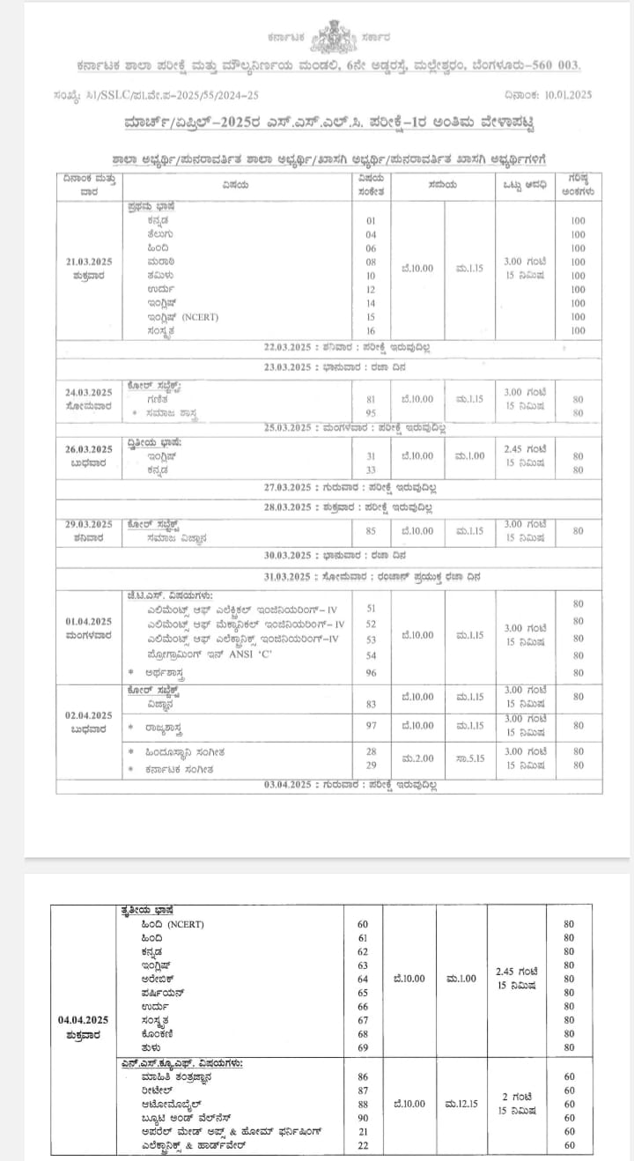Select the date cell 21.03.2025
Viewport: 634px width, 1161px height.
pyautogui.click(x=89, y=262)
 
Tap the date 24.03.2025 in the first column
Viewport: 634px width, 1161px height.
pyautogui.click(x=88, y=392)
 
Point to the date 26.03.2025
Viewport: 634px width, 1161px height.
pyautogui.click(x=88, y=449)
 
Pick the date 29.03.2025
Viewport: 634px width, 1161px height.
pyautogui.click(x=88, y=523)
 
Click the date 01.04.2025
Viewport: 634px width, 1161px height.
pyautogui.click(x=88, y=621)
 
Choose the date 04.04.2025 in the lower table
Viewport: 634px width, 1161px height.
pyautogui.click(x=85, y=1019)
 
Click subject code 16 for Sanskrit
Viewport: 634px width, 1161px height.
pyautogui.click(x=371, y=330)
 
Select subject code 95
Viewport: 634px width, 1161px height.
pyautogui.click(x=371, y=412)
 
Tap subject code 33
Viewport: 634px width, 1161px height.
pyautogui.click(x=371, y=470)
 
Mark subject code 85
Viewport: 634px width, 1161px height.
pyautogui.click(x=371, y=531)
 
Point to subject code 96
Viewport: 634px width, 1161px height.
pyautogui.click(x=371, y=673)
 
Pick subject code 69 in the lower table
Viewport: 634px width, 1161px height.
pyautogui.click(x=362, y=1047)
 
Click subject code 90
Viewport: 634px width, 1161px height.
pyautogui.click(x=362, y=1117)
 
